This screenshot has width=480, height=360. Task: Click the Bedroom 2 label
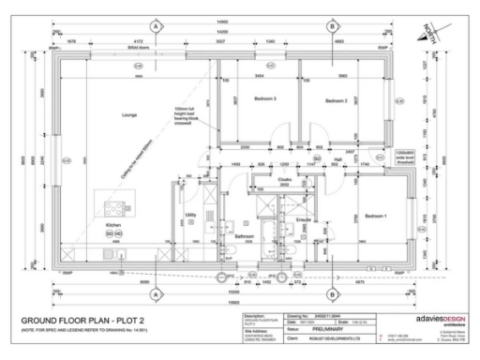(x=337, y=99)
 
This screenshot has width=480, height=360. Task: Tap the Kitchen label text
(x=113, y=227)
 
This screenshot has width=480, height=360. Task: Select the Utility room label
(x=190, y=215)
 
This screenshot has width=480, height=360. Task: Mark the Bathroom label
(x=246, y=236)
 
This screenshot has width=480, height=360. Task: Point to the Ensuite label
(x=303, y=220)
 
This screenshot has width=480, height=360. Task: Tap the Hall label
(x=337, y=160)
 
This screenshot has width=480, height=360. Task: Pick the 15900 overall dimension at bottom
(x=242, y=305)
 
